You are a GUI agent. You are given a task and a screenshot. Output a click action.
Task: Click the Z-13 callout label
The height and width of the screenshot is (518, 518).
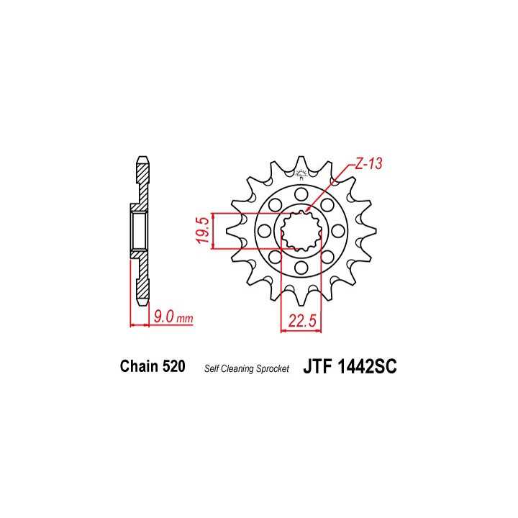[x=368, y=164]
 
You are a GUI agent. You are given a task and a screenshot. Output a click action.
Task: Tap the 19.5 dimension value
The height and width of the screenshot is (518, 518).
[x=203, y=230]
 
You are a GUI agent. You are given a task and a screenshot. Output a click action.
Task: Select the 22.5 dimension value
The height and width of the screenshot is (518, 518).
[x=302, y=320]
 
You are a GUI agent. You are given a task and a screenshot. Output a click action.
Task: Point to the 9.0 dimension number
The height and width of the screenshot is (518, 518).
[x=164, y=317]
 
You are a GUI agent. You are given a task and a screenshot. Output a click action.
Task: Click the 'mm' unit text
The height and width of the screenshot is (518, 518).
[x=185, y=319]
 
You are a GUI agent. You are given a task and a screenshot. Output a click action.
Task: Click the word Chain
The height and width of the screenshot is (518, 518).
[x=139, y=366]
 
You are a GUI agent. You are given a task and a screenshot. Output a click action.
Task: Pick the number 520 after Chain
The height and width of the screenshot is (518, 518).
[x=174, y=366]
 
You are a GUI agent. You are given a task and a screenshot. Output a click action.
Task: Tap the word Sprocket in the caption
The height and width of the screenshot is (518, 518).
[x=273, y=368]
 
